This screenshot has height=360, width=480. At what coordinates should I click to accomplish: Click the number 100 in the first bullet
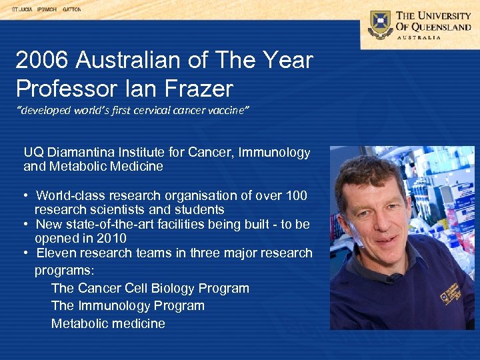click(x=296, y=195)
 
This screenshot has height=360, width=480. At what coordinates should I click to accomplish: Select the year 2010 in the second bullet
click(x=112, y=238)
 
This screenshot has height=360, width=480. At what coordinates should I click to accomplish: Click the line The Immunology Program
click(x=127, y=305)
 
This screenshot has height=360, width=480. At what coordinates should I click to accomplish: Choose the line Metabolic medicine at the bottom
click(x=108, y=323)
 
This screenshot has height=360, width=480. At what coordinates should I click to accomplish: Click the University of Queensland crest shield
click(x=380, y=24)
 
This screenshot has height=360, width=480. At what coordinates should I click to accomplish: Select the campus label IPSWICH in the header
click(x=47, y=9)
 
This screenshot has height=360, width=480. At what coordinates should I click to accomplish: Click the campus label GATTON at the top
click(x=71, y=9)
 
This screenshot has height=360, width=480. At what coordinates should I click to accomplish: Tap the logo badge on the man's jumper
click(x=448, y=293)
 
